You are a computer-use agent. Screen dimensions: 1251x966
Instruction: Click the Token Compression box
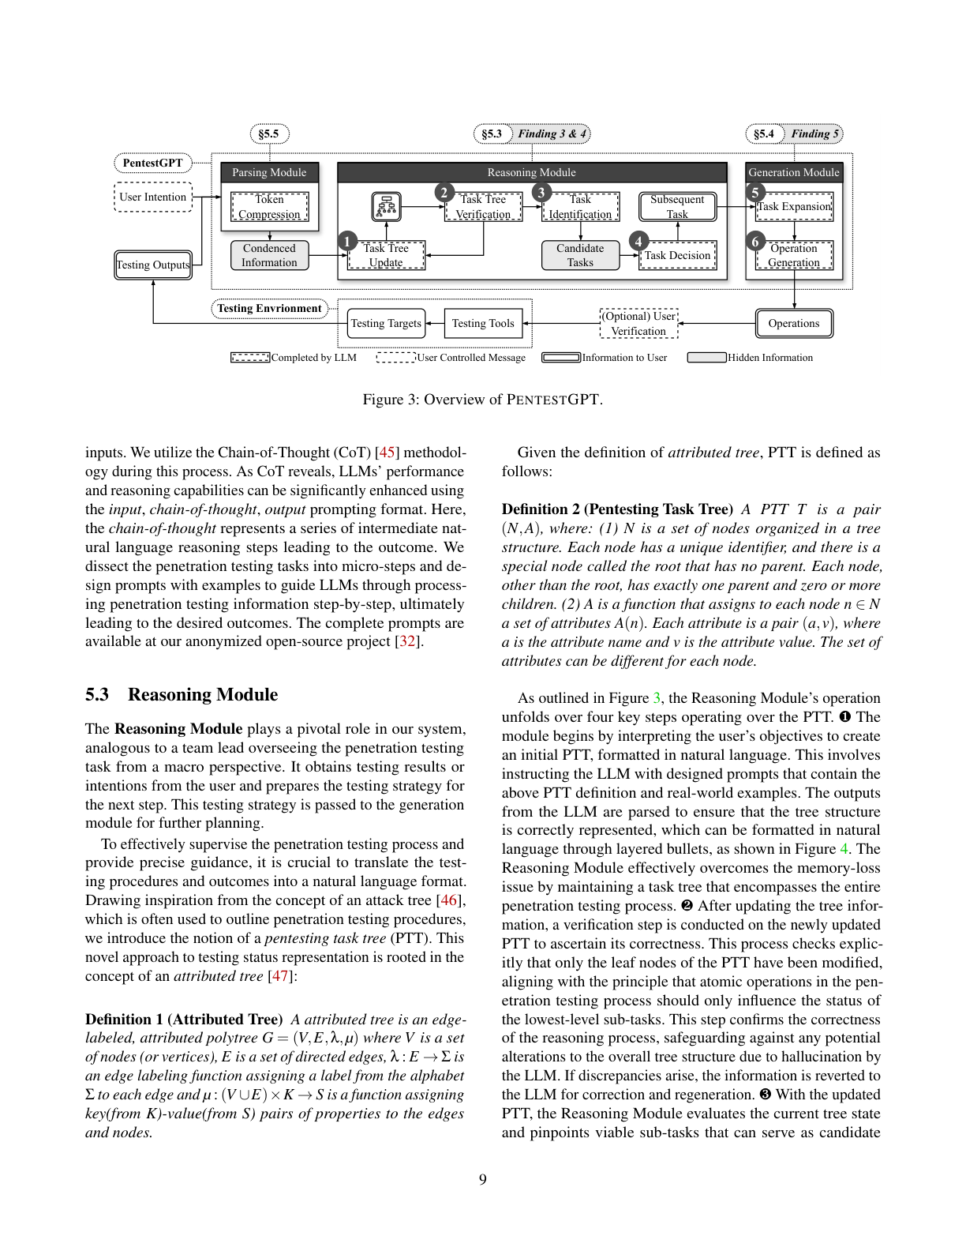click(x=269, y=207)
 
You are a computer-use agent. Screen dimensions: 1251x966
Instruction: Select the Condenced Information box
click(x=269, y=255)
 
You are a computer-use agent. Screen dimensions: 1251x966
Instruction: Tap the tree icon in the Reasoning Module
click(x=386, y=207)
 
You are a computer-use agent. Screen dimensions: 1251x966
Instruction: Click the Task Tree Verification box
click(x=483, y=207)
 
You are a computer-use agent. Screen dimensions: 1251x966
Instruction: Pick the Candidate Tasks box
click(x=580, y=255)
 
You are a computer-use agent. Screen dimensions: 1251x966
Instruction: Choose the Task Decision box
click(x=677, y=255)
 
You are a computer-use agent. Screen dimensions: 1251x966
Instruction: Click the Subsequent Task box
click(x=677, y=207)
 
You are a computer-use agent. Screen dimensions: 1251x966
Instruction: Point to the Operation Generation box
click(x=794, y=255)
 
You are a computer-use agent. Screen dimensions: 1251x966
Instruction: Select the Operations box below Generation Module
click(x=794, y=323)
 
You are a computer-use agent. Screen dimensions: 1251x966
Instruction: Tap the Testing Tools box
click(x=483, y=323)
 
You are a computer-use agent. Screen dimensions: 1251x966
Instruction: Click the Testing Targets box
click(x=386, y=323)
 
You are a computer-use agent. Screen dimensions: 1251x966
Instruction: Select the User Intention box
click(x=153, y=197)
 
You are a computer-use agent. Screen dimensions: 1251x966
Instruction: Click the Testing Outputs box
click(x=153, y=265)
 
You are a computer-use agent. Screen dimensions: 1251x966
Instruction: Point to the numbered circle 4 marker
click(x=638, y=241)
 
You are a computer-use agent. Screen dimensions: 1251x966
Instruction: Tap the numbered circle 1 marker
click(x=346, y=241)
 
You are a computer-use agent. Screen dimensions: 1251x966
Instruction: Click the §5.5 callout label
click(x=269, y=133)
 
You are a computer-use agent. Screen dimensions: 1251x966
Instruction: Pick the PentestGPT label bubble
click(x=153, y=163)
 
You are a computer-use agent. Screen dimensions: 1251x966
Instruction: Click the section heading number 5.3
click(x=97, y=694)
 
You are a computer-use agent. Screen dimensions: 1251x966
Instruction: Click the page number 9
click(x=483, y=1179)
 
